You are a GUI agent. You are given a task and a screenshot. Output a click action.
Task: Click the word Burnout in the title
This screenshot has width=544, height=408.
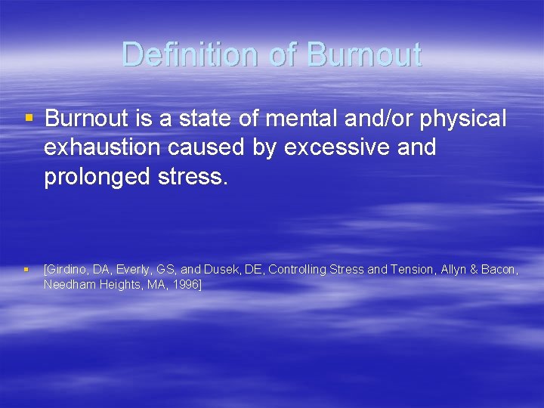[x=363, y=55]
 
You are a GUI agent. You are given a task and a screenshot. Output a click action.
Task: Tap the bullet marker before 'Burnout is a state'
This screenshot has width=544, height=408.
[x=29, y=119]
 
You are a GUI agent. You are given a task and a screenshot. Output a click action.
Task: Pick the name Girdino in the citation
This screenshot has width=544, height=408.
[x=67, y=270]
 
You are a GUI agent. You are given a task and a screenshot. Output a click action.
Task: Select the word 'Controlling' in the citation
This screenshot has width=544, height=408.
[x=296, y=270]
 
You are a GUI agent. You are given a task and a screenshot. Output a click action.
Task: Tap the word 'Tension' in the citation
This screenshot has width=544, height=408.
[x=412, y=270]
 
